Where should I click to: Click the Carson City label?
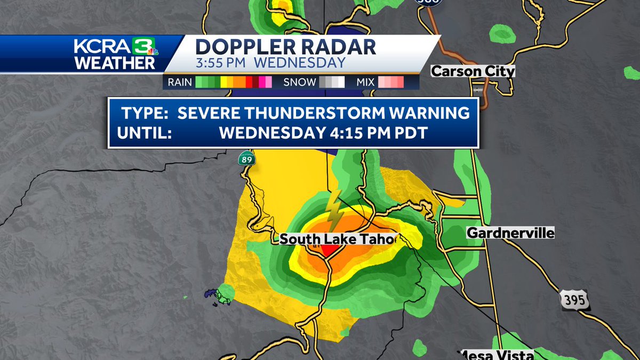[x=473, y=71]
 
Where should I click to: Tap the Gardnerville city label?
[x=510, y=233]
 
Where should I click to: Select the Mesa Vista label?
[x=497, y=355]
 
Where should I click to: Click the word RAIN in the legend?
[x=180, y=82]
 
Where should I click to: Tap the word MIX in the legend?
[x=365, y=82]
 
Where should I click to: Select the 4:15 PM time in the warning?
[x=378, y=132]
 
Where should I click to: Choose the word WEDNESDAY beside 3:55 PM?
[x=299, y=62]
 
